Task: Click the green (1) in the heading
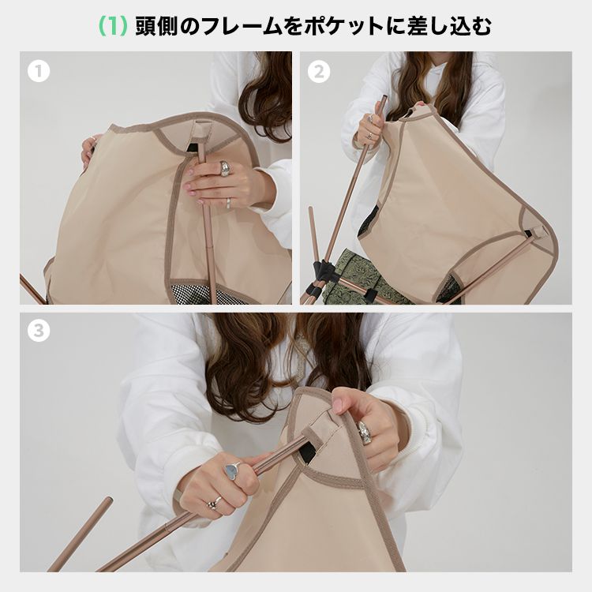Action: pos(113,26)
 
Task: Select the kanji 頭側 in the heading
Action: pos(157,26)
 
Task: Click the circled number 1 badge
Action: pos(39,71)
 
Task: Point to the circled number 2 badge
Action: pos(319,71)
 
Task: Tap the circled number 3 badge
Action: pos(39,331)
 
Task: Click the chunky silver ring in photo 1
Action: pos(226,168)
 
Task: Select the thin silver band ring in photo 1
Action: pos(229,203)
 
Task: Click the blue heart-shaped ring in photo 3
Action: pos(231,470)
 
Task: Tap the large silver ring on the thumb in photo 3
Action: pos(364,433)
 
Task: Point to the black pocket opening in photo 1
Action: pos(193,148)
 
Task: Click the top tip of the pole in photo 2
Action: pos(384,97)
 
